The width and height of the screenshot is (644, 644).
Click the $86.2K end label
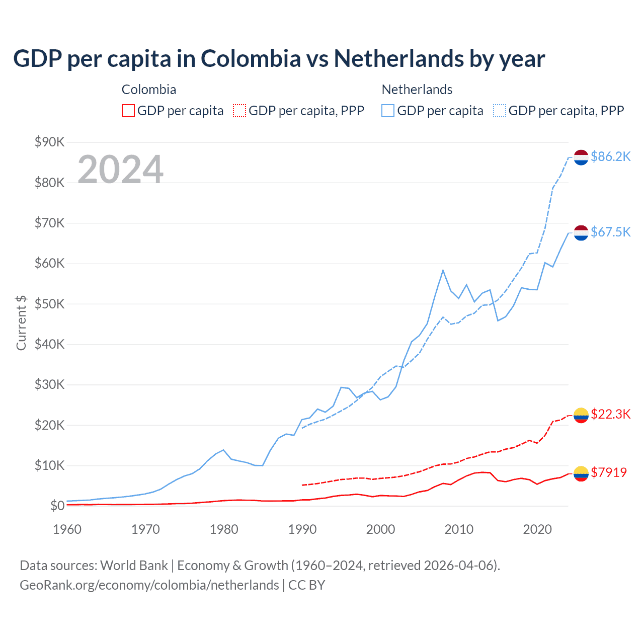click(610, 157)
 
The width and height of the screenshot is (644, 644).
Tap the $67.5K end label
click(610, 232)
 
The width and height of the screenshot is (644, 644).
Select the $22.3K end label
click(610, 414)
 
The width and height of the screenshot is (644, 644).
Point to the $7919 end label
click(609, 472)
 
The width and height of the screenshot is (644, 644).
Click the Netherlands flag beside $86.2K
click(581, 157)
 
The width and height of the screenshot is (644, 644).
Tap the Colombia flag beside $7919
click(581, 473)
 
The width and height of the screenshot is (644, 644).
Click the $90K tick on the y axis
click(49, 142)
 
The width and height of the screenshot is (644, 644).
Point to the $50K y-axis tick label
click(49, 304)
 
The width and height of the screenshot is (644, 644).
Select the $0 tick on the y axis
click(57, 506)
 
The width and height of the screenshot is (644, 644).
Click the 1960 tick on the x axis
click(67, 529)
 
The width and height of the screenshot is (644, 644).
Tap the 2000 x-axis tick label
click(380, 529)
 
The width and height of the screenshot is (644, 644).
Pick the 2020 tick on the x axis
click(537, 529)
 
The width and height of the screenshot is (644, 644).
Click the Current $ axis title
click(21, 323)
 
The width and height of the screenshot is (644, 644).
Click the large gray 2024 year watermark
click(120, 170)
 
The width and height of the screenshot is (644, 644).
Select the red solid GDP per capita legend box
click(128, 111)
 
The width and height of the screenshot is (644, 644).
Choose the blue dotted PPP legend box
click(500, 111)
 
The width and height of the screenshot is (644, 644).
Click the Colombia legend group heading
click(149, 90)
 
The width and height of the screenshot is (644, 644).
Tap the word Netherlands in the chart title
click(398, 59)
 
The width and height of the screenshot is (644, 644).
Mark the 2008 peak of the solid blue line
click(443, 270)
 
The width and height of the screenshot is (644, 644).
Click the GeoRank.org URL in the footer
click(149, 585)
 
